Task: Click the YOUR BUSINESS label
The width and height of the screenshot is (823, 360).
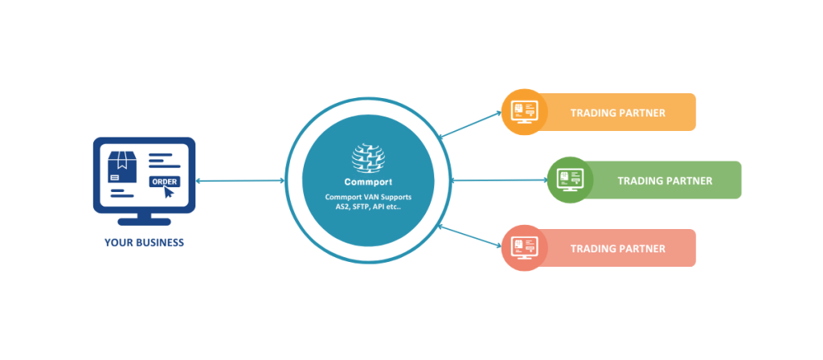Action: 144,243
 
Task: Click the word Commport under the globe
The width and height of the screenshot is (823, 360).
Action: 369,181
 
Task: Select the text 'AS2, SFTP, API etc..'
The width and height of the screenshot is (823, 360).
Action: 369,207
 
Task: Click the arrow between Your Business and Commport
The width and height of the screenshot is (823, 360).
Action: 240,181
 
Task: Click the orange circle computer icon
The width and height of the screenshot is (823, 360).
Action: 524,112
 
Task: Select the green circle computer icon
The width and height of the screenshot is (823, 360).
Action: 571,180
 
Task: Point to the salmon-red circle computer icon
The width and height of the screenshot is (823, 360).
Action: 524,248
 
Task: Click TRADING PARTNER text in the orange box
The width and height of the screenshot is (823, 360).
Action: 617,112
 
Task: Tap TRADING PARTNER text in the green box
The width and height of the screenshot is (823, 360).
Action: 665,181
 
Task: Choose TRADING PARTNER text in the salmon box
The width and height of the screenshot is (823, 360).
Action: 617,249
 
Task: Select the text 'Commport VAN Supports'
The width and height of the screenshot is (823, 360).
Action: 369,197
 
